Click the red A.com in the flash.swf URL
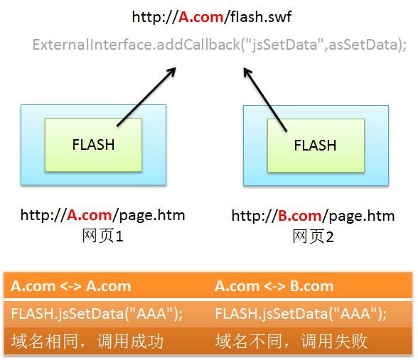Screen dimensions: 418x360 coord(200,17)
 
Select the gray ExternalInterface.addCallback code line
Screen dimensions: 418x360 coord(220,45)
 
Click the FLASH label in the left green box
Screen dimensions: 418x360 coord(93,145)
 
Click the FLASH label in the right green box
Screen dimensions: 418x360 coord(315,146)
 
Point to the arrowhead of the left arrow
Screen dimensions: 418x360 coord(173,70)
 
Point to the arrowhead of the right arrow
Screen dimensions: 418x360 coord(246,70)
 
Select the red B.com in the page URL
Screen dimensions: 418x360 coord(300,216)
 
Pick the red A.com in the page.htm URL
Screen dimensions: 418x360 coord(89,215)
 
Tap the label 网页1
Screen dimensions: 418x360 coord(102,236)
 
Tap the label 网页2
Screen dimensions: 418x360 coord(313,236)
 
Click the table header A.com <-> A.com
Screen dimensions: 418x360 coord(71,286)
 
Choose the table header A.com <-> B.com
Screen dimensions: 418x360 coord(274,286)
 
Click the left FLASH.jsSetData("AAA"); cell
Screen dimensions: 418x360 coord(97,313)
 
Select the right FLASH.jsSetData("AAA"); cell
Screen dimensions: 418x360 coord(301,313)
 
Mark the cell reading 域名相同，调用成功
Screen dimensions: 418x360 coord(87,341)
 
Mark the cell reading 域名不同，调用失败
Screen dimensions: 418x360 coord(291,341)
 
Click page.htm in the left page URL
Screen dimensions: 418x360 coord(152,215)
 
